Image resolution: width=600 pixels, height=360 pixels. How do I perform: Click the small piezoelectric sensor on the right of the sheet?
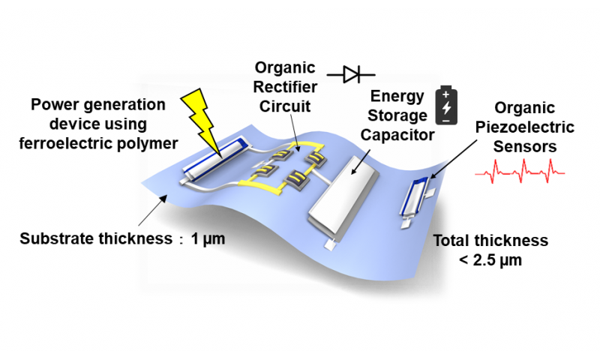[417, 199]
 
